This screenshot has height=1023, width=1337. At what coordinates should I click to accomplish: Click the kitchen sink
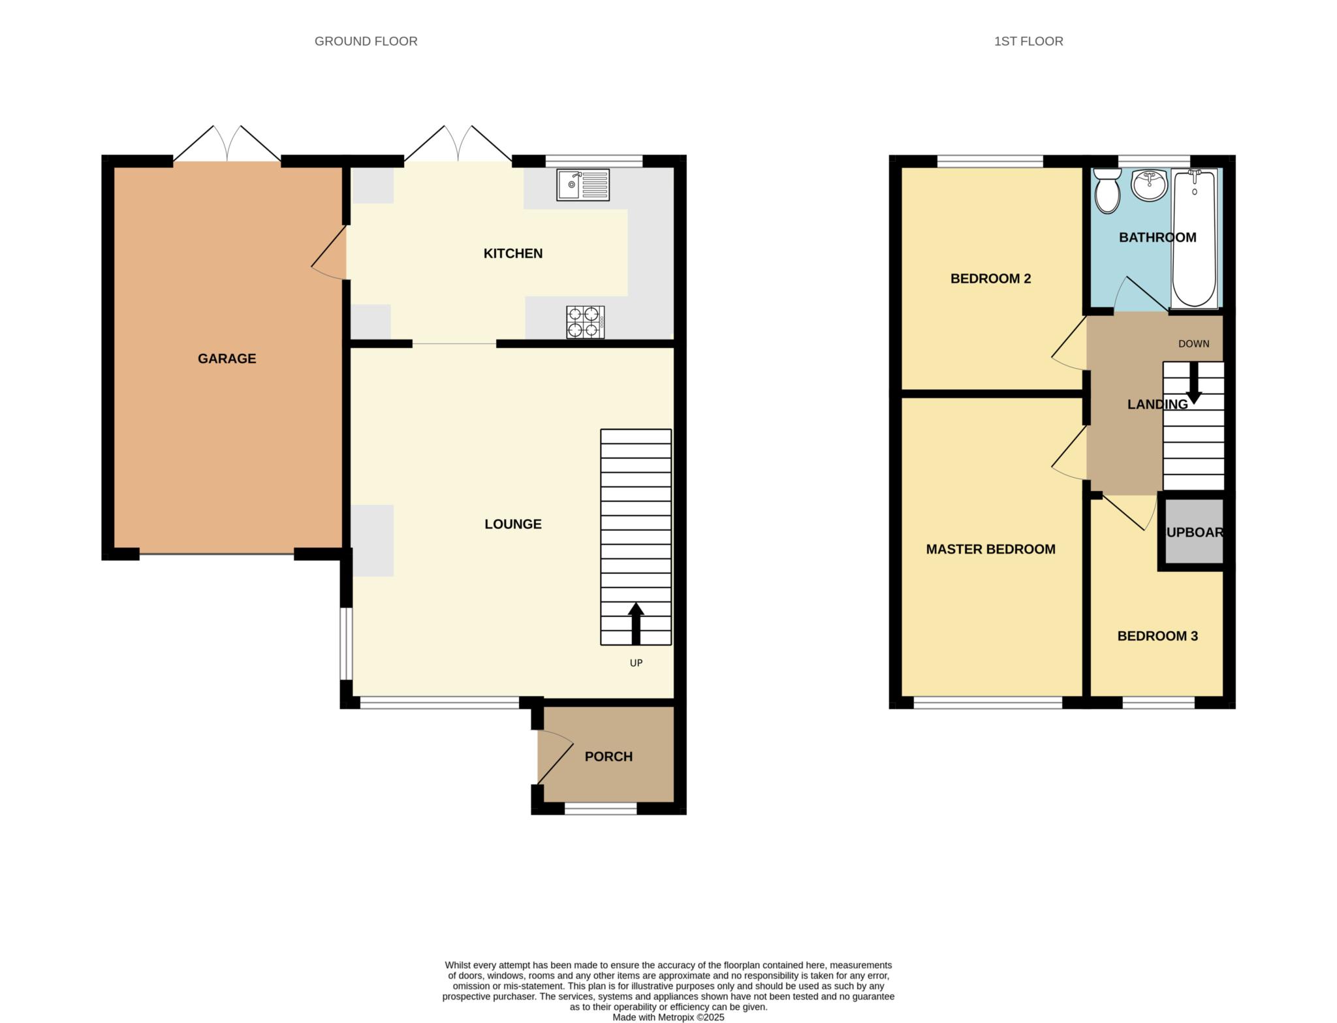[x=583, y=185]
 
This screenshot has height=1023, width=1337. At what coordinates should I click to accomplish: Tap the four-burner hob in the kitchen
[x=586, y=322]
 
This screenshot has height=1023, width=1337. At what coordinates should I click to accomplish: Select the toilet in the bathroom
[x=1107, y=191]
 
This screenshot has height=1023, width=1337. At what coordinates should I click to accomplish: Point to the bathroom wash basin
[x=1149, y=185]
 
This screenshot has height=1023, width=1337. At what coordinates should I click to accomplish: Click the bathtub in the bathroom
[x=1195, y=238]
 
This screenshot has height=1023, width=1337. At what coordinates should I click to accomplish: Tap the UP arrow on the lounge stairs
[x=636, y=623]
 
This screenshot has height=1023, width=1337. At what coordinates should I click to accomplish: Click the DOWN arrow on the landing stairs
[x=1194, y=383]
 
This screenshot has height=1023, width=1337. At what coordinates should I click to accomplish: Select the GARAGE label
[x=227, y=358]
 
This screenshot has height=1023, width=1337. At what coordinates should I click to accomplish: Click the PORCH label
[x=608, y=757]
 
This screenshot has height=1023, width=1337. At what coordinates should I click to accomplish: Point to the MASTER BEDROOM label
[x=990, y=549]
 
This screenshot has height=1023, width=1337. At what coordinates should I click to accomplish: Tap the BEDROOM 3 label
[x=1157, y=636]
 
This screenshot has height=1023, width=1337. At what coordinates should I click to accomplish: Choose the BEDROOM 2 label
[x=990, y=279]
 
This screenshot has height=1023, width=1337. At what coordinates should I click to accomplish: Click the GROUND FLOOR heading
[x=366, y=41]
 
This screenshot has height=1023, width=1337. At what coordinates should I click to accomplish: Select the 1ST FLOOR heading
[x=1029, y=41]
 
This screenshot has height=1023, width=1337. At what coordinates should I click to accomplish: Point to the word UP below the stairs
[x=636, y=663]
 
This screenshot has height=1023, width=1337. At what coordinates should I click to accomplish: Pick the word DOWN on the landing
[x=1194, y=344]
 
